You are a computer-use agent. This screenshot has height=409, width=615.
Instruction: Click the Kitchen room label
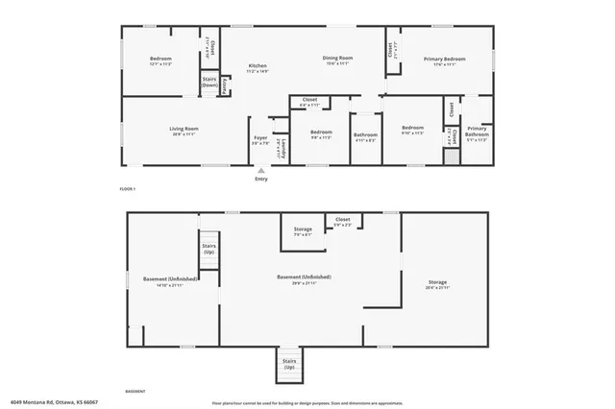point(257,67)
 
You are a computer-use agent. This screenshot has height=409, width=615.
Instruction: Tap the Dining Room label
point(339,60)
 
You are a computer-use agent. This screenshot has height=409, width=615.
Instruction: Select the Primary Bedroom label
point(439,61)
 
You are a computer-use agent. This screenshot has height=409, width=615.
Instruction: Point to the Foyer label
point(260,140)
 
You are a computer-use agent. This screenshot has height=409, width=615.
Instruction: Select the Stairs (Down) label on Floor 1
point(209,83)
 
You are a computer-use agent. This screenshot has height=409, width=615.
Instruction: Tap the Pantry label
point(225,86)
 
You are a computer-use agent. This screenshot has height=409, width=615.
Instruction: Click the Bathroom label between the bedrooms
point(365,135)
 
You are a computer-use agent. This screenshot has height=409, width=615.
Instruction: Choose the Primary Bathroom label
point(478,132)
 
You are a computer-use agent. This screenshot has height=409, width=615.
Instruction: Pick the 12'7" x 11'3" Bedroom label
point(160,61)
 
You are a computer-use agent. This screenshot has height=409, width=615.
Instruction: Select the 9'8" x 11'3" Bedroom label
point(321,133)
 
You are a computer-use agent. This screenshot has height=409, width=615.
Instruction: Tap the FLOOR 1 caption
point(128,189)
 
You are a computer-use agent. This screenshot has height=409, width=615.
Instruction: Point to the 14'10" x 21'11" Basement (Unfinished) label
point(170,281)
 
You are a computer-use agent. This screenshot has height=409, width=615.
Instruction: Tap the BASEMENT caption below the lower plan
point(135,392)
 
